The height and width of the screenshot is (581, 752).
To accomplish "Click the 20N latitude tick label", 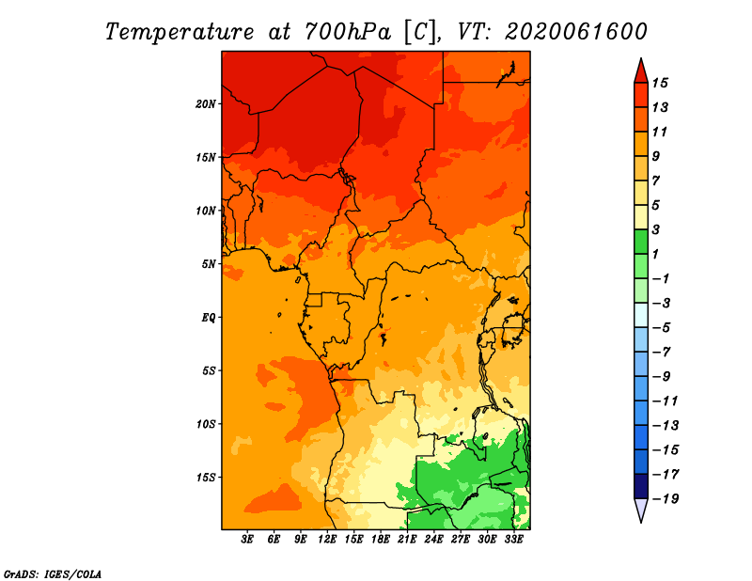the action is (x=205, y=104).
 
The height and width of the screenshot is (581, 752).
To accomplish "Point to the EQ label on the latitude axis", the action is (x=208, y=318).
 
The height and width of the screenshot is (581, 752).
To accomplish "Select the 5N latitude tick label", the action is (x=209, y=264).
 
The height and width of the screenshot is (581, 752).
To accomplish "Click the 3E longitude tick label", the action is (x=247, y=540).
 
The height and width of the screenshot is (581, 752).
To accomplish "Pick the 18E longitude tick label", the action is (x=381, y=540).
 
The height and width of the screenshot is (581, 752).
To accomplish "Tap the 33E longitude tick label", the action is (x=513, y=540).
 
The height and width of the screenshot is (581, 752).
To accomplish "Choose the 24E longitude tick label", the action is (x=433, y=540).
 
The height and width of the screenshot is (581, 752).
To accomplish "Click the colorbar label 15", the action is (x=660, y=83).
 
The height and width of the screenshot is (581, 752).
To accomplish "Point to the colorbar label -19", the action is (x=666, y=499).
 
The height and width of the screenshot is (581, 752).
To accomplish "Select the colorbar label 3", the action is (x=655, y=229).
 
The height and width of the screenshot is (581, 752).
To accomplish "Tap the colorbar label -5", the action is (x=662, y=328).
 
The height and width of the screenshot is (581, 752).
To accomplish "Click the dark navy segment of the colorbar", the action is (x=641, y=486).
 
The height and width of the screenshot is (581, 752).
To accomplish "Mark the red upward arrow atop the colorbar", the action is (x=641, y=71).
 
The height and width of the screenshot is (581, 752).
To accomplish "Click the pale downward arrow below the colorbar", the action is (x=641, y=510).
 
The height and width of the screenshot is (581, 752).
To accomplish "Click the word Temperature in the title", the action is (x=180, y=32).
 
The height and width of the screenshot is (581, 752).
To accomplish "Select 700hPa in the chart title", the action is (x=348, y=32).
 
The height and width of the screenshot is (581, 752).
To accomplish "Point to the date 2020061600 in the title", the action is (x=576, y=32).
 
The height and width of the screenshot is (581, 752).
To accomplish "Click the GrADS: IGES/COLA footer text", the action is (x=53, y=574).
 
